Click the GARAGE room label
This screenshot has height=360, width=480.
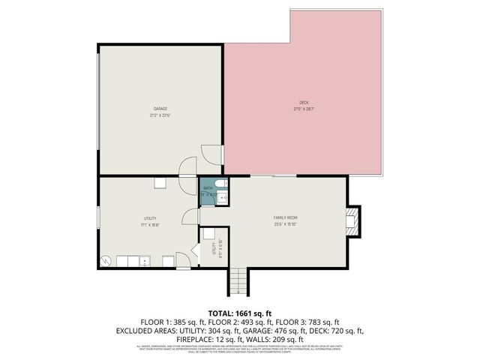[160, 109]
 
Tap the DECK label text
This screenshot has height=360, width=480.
[303, 103]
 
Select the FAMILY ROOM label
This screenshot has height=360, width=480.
[286, 217]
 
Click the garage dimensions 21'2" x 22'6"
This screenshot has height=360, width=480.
[160, 115]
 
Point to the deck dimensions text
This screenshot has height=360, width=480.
[303, 109]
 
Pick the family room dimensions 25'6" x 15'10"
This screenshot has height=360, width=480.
[286, 224]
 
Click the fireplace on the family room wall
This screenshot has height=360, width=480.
[352, 220]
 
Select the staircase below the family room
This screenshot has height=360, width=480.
[237, 282]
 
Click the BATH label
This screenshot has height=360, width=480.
[207, 188]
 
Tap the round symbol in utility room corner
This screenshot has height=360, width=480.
[107, 260]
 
